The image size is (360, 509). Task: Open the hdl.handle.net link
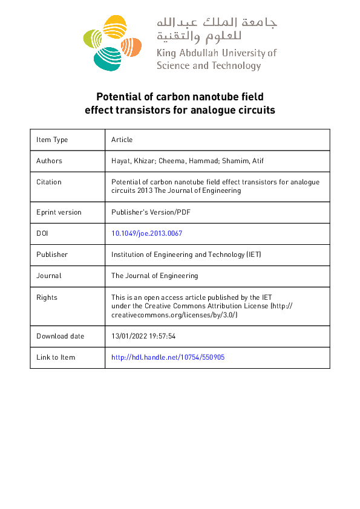168,357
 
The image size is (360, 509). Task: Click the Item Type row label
52,140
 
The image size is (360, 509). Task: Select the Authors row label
49,161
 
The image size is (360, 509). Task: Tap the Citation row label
49,182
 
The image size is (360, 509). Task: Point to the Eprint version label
59,212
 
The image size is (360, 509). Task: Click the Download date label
61,336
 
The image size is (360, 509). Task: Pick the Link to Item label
56,357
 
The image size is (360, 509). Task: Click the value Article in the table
122,140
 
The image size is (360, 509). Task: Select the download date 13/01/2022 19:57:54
143,336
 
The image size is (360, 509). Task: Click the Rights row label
47,297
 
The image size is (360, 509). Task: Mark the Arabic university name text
217,30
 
